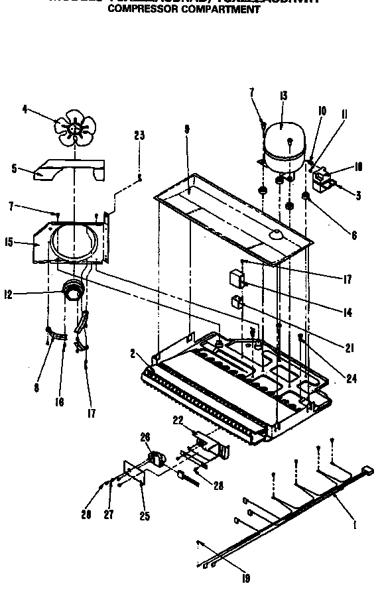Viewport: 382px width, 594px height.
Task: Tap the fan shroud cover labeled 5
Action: pyautogui.click(x=70, y=168)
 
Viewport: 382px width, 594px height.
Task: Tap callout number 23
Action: pyautogui.click(x=139, y=136)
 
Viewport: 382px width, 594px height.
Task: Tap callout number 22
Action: pyautogui.click(x=177, y=420)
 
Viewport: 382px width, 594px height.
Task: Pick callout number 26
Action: pyautogui.click(x=146, y=436)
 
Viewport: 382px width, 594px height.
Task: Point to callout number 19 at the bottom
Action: pyautogui.click(x=246, y=578)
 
